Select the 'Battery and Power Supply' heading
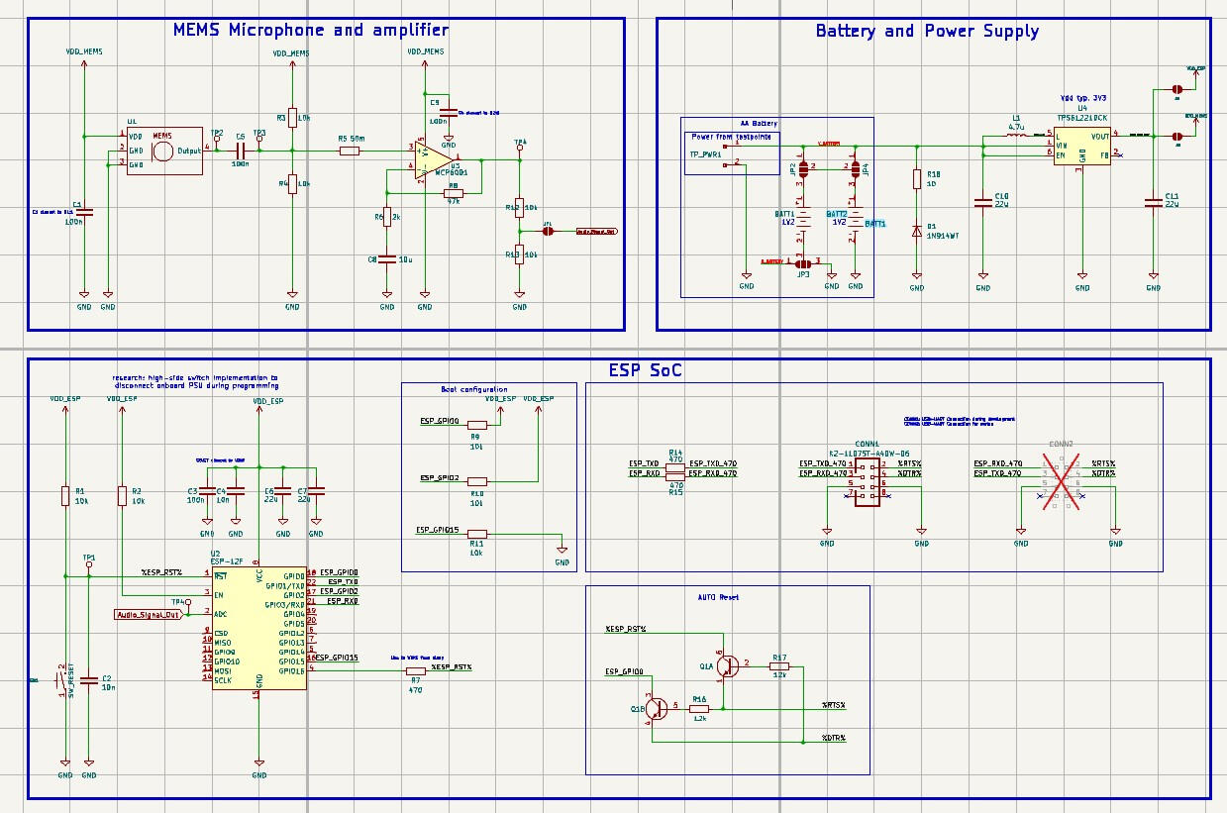(x=927, y=31)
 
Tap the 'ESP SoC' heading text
(x=645, y=371)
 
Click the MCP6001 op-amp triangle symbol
(x=436, y=159)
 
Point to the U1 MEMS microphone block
(x=164, y=151)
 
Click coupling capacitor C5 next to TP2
(x=241, y=151)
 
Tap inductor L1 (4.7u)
(x=1015, y=136)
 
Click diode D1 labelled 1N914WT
(x=917, y=230)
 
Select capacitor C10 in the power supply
(x=982, y=202)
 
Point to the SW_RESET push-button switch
(x=64, y=681)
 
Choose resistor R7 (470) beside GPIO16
(x=416, y=672)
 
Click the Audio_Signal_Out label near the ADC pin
(x=147, y=615)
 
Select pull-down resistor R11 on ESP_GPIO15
(x=476, y=535)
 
